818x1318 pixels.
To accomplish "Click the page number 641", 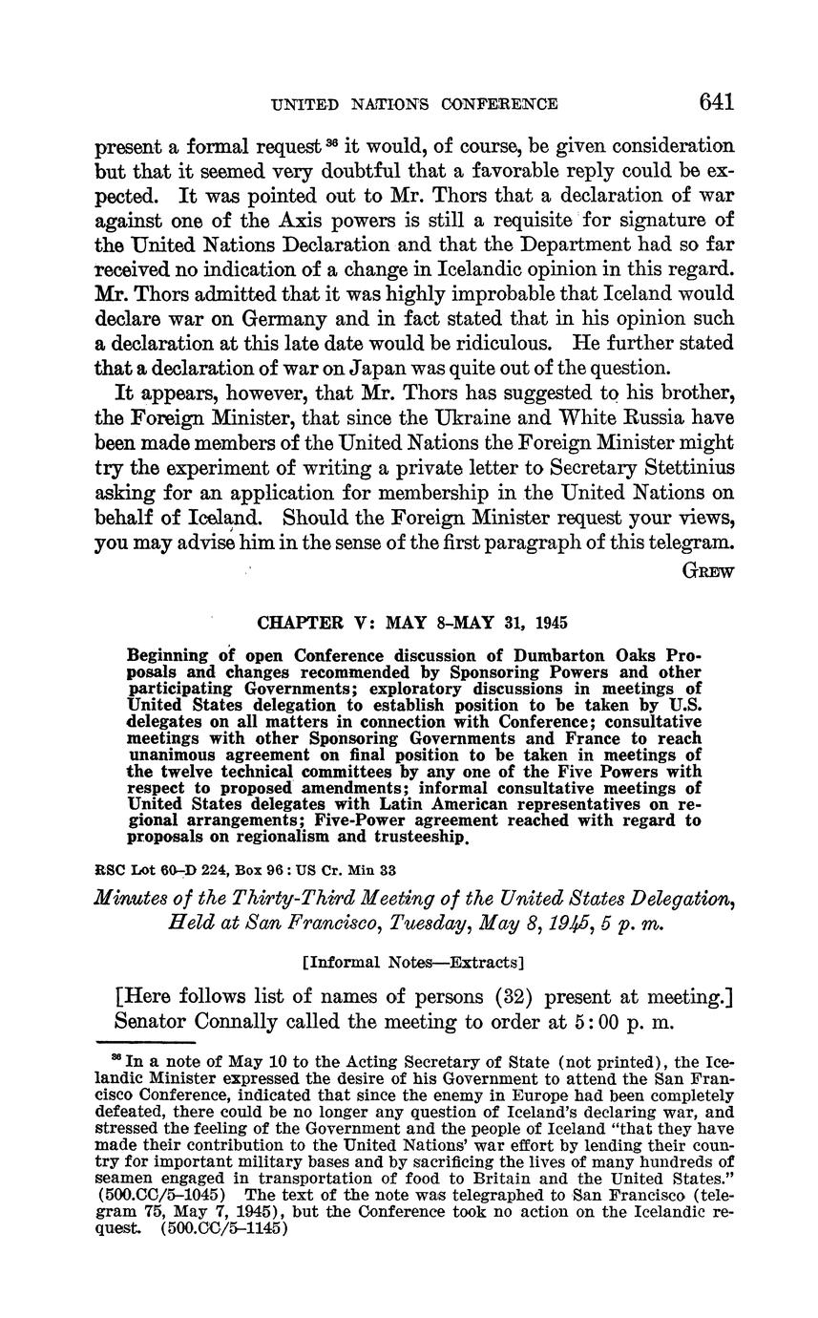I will pyautogui.click(x=716, y=102).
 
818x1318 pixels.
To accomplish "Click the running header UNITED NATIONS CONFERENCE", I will pyautogui.click(x=415, y=104).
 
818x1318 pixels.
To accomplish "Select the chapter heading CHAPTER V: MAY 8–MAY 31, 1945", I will pyautogui.click(x=412, y=623).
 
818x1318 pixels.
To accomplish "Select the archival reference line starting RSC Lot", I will pyautogui.click(x=246, y=870).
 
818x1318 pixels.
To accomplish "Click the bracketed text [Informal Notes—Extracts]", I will pyautogui.click(x=412, y=963).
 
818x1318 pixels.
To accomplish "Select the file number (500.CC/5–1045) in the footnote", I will pyautogui.click(x=168, y=1195).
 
